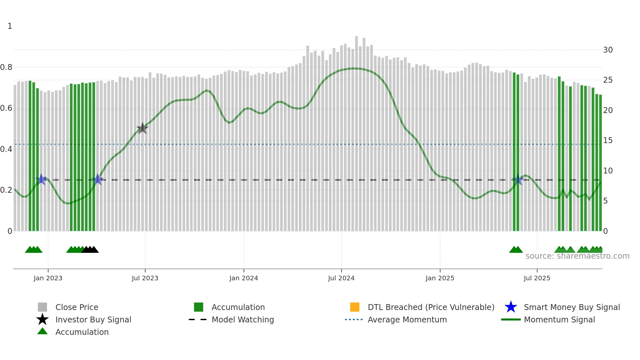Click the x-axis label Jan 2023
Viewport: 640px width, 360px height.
(x=48, y=278)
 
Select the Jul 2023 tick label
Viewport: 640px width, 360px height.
(x=145, y=278)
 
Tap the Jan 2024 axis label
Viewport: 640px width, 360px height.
(x=244, y=278)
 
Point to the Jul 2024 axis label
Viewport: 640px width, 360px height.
(x=341, y=278)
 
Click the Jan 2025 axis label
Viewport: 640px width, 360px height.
(x=440, y=278)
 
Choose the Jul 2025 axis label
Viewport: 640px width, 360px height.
(x=537, y=278)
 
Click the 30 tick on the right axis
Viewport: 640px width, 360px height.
(x=608, y=50)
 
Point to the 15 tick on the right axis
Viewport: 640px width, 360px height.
(x=608, y=140)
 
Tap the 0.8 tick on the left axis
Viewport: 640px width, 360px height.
(x=6, y=67)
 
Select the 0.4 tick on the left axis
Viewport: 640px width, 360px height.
(x=6, y=149)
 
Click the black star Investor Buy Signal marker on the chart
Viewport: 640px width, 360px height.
(x=142, y=128)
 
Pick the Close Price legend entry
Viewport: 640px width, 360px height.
(x=77, y=307)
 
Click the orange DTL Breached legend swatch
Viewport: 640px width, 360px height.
(x=355, y=307)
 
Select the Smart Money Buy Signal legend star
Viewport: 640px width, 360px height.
(x=511, y=307)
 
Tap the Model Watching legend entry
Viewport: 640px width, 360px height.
(x=243, y=319)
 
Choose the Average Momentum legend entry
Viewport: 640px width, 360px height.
(x=407, y=319)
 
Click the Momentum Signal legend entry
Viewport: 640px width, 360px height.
(x=559, y=319)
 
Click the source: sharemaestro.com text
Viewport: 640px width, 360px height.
(x=577, y=256)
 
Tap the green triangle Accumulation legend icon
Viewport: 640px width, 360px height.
(x=42, y=331)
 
